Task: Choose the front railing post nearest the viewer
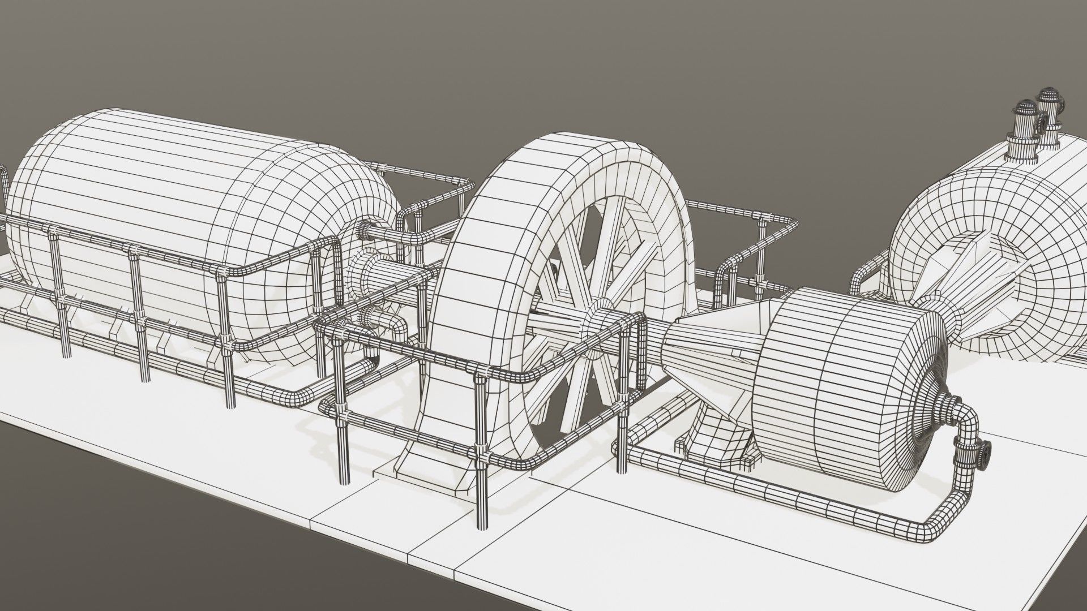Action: point(481,453)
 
